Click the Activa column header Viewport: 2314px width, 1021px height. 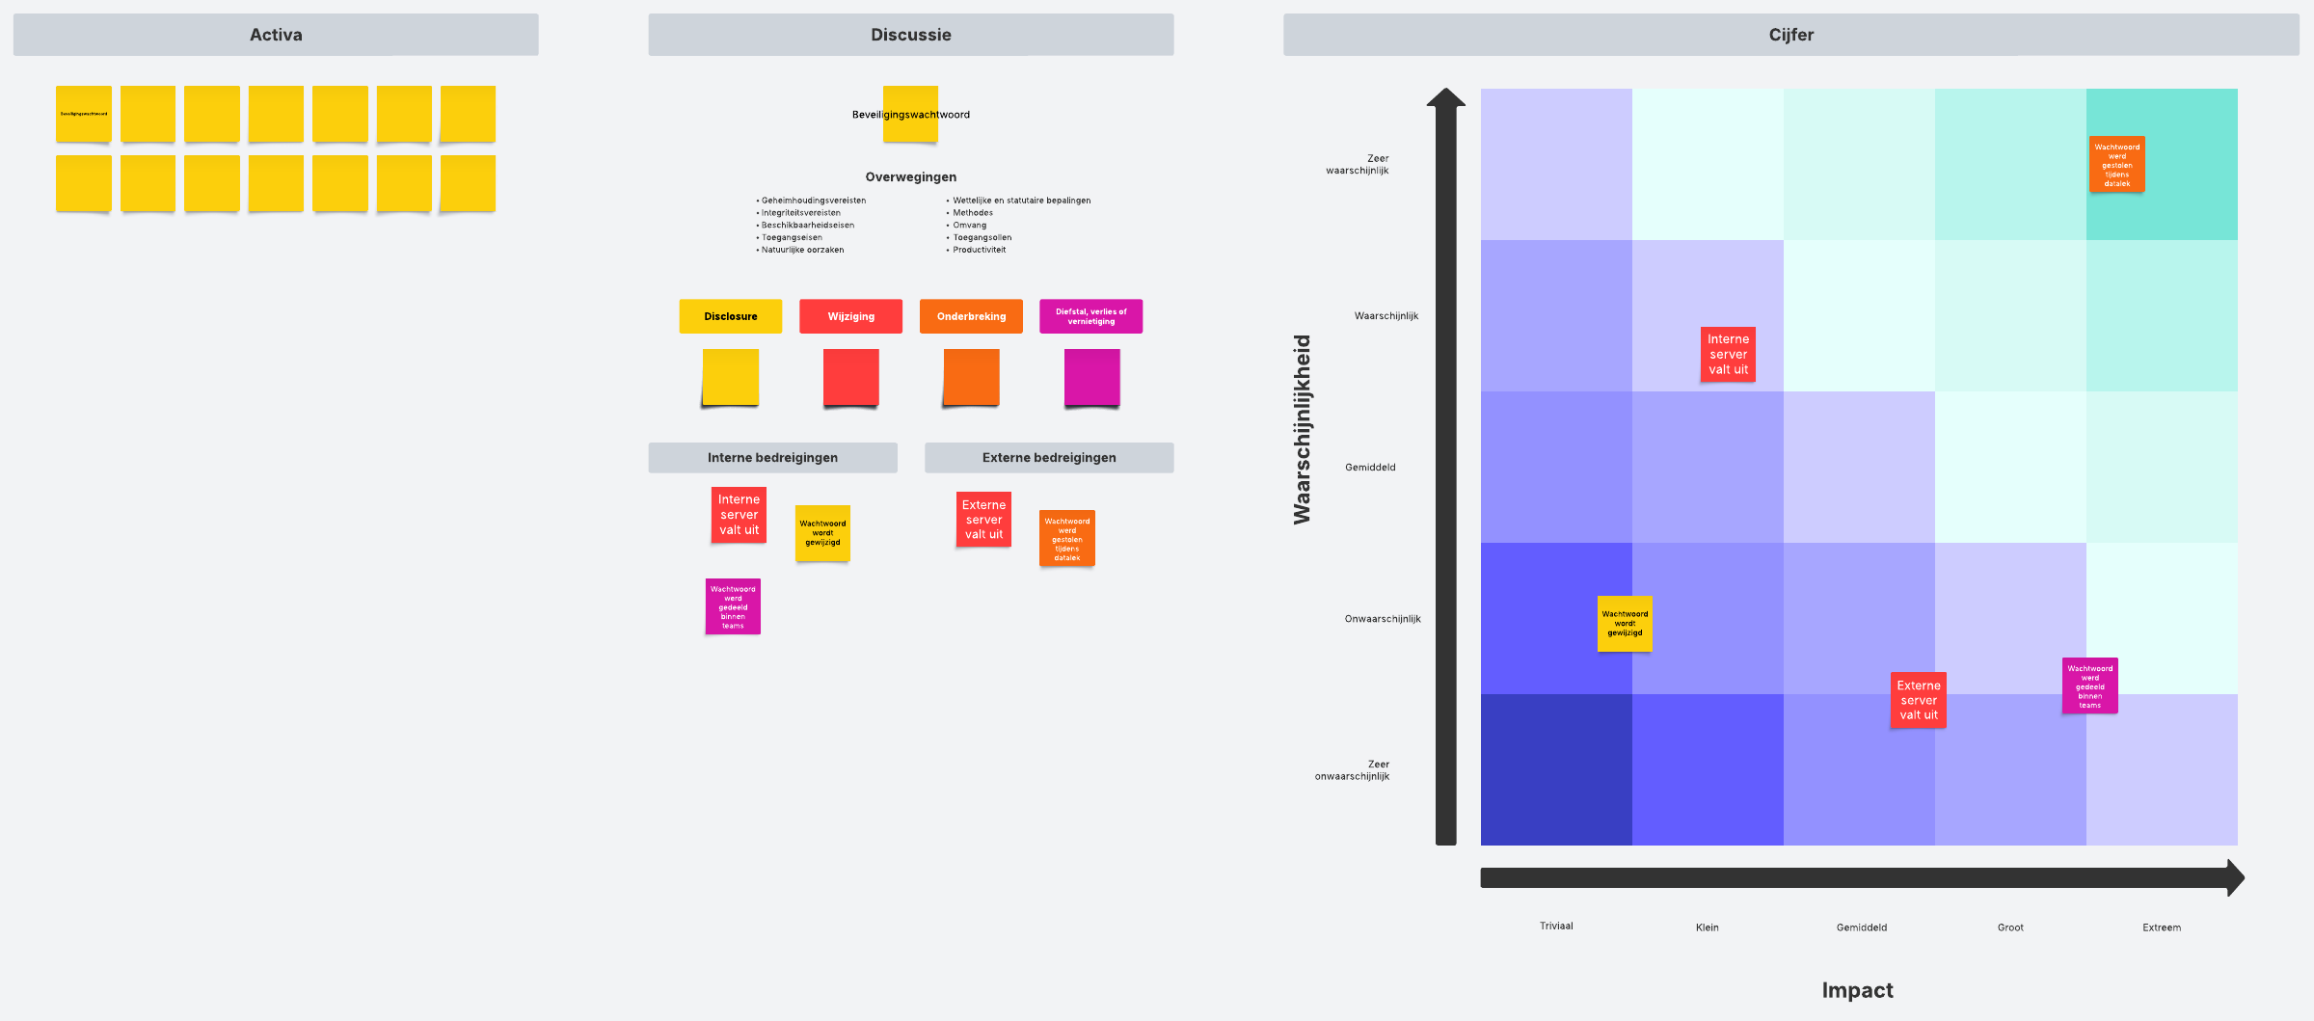click(x=276, y=35)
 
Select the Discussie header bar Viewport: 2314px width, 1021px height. click(x=910, y=35)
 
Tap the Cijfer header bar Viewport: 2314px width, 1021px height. click(x=1790, y=35)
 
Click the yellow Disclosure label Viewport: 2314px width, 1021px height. click(x=730, y=316)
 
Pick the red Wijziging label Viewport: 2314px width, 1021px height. click(x=850, y=316)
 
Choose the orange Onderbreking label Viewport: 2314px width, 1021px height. click(x=971, y=316)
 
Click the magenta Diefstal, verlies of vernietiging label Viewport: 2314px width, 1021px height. click(x=1090, y=316)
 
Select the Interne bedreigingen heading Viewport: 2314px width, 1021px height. click(x=772, y=458)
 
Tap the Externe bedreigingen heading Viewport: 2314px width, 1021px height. click(x=1049, y=458)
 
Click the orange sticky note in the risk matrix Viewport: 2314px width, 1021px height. click(x=2116, y=165)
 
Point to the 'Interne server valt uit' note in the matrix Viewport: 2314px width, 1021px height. click(x=1728, y=354)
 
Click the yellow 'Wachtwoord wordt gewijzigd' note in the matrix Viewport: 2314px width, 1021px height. click(x=1625, y=624)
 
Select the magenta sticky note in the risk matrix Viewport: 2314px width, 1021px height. click(x=2089, y=685)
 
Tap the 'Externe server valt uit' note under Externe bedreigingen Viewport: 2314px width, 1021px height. click(x=983, y=520)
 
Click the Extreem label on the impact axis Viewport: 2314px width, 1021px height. click(x=2162, y=927)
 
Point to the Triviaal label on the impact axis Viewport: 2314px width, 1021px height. click(x=1556, y=927)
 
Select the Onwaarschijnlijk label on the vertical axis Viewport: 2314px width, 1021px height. click(x=1383, y=619)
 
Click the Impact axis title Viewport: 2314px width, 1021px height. click(x=1857, y=990)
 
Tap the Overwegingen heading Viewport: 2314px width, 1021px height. click(x=910, y=177)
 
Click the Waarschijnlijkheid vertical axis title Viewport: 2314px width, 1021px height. click(x=1303, y=429)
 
